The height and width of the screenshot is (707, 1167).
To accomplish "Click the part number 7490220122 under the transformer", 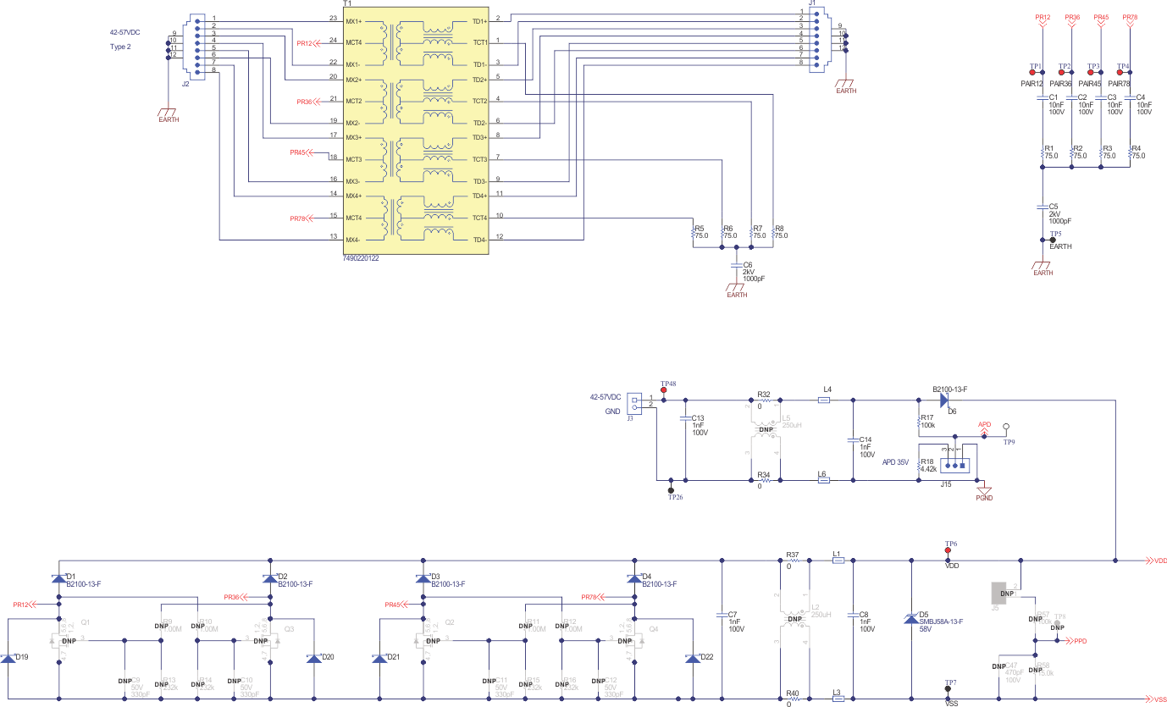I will coord(361,257).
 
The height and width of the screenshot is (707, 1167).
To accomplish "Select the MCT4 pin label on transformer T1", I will coord(354,218).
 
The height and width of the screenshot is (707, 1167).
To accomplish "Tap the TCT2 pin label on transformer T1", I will coord(479,101).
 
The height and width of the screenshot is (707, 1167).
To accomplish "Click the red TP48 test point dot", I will coord(663,390).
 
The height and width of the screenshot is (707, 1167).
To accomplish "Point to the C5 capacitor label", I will coord(1054,206).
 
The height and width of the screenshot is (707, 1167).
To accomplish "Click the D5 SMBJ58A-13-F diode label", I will coord(940,621).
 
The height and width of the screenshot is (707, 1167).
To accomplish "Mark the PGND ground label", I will coord(983,498).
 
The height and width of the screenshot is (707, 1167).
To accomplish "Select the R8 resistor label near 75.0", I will coord(779,228).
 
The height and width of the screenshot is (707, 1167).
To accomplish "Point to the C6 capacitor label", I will coord(748,264).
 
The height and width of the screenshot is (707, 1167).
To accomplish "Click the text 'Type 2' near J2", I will coord(120,47).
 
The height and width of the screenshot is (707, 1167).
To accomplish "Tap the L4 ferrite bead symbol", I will coord(823,400).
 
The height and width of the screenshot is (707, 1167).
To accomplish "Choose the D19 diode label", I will coord(20,657).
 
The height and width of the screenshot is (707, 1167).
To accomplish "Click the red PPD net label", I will coord(1080,641).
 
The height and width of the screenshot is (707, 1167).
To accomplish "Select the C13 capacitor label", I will coord(698,417).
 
